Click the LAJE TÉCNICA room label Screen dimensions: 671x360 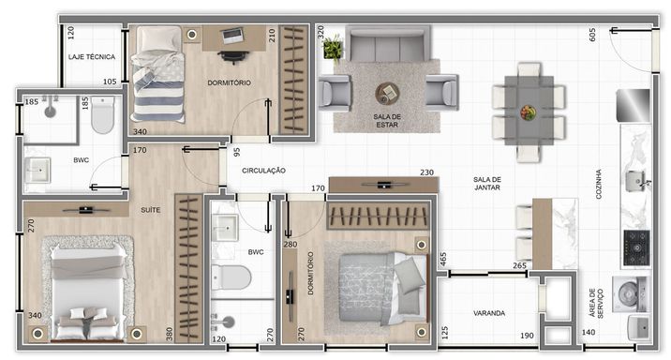92,56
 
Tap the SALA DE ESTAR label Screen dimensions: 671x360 387,121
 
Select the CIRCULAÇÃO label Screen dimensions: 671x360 263,171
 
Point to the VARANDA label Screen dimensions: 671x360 489,313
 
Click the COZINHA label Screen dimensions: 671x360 599,184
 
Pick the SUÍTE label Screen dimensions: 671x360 151,210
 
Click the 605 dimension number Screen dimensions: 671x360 592,35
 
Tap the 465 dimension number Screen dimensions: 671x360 443,260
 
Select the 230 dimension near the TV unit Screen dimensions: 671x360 426,172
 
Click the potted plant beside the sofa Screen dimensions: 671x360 333,48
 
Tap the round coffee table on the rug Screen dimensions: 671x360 387,94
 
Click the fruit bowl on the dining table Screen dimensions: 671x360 528,112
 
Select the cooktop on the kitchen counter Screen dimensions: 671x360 636,247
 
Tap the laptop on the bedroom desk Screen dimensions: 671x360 232,35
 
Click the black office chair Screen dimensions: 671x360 233,56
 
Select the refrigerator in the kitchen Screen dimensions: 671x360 634,105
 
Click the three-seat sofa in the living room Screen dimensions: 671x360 388,44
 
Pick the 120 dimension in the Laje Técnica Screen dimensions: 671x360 70,33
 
